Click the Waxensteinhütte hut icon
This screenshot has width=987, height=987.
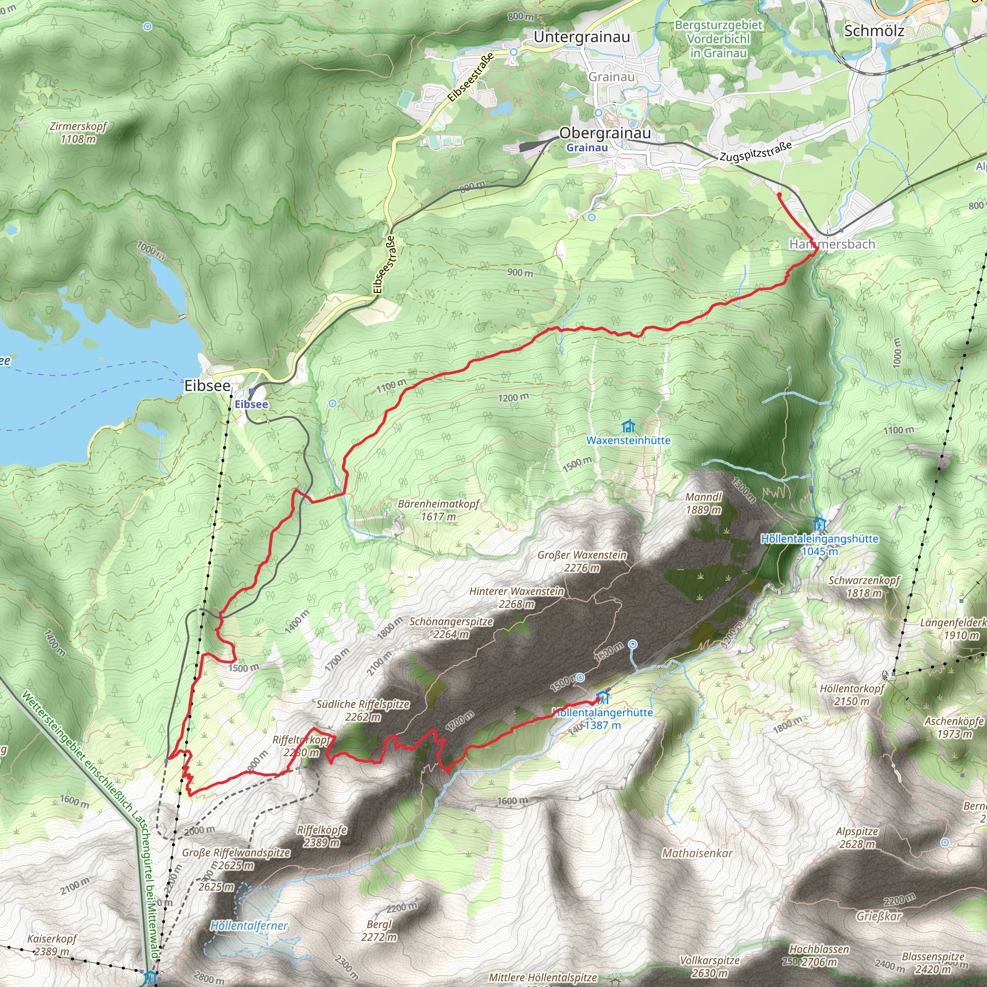click(628, 426)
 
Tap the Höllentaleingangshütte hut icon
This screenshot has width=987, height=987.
click(819, 524)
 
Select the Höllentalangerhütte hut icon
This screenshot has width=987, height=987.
click(603, 697)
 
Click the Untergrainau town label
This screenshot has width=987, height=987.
click(581, 37)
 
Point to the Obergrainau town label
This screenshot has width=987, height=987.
click(605, 133)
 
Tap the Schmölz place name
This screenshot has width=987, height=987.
click(874, 31)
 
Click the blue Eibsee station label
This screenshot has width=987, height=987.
click(252, 404)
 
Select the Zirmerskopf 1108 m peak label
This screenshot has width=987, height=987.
click(78, 133)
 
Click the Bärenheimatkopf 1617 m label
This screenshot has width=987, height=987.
click(439, 510)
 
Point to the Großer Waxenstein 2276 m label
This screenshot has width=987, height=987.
click(582, 561)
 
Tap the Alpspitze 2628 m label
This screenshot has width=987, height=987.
click(857, 837)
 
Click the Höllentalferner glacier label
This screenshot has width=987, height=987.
click(249, 925)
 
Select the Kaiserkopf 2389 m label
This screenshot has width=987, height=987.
click(52, 945)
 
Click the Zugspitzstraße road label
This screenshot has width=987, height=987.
click(756, 151)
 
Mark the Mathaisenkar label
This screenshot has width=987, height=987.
click(697, 853)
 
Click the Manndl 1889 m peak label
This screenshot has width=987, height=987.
click(704, 503)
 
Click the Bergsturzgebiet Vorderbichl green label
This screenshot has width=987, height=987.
click(718, 39)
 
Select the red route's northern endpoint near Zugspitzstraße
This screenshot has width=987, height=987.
click(779, 195)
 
